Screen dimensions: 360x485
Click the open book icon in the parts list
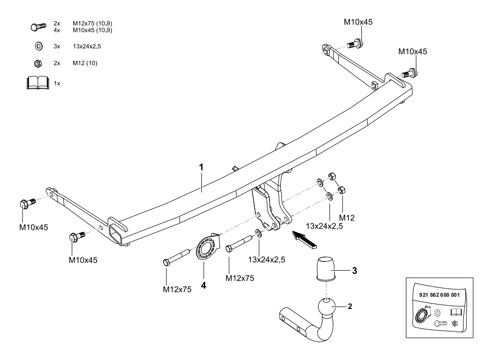tap(38, 83)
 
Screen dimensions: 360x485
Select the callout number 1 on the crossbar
tap(201, 167)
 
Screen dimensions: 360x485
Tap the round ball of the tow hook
tap(326, 308)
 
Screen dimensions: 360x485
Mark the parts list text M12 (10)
tap(82, 63)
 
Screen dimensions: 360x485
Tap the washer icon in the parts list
tap(38, 46)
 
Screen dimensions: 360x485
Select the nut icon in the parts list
tap(38, 63)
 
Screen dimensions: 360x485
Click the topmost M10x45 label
tap(358, 22)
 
